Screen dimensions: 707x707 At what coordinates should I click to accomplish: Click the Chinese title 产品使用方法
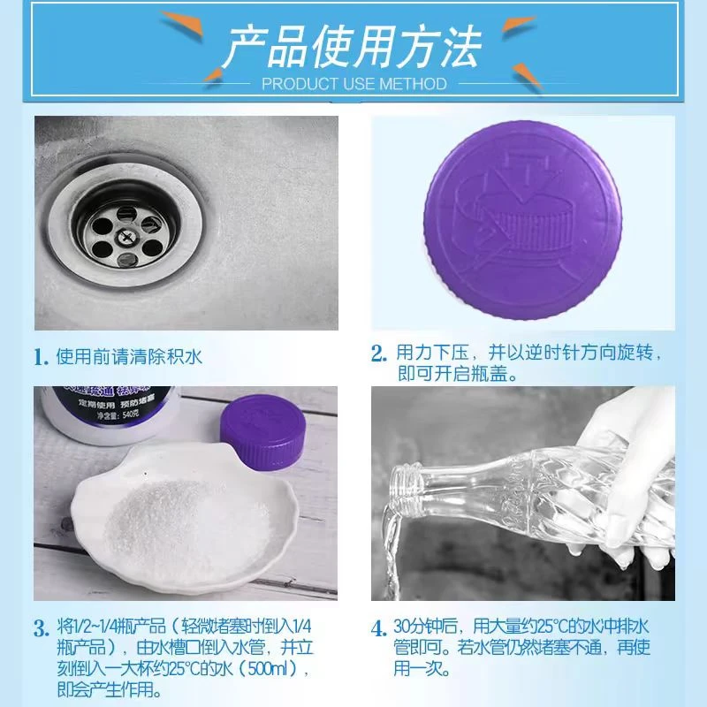pos(352,47)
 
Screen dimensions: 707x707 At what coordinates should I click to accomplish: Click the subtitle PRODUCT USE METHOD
pos(354,84)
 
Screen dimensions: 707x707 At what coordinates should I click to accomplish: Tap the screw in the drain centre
pos(124,235)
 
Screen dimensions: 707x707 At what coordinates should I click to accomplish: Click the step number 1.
pos(41,358)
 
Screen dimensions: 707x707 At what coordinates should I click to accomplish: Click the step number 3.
pos(42,628)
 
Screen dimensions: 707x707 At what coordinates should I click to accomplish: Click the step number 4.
pos(379,628)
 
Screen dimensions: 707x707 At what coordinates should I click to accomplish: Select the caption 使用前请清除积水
pos(129,357)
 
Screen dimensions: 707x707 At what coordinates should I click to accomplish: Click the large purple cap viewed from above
pos(522,219)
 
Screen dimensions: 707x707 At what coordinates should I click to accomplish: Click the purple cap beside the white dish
pos(264,432)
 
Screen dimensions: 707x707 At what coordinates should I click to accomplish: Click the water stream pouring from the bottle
pos(390,554)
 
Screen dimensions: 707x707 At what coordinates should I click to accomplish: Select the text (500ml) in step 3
pos(274,668)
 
